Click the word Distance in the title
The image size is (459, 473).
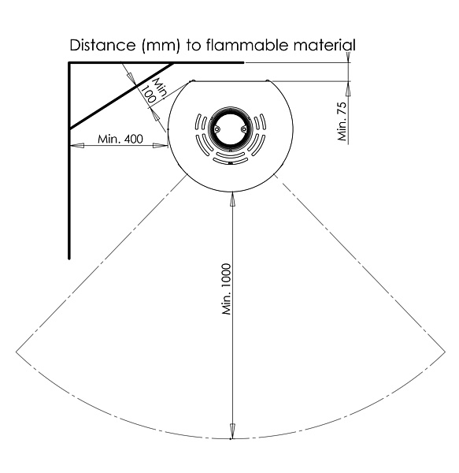[102, 45]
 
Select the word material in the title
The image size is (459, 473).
[324, 45]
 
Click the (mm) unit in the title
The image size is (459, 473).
[161, 46]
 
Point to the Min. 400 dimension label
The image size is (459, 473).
[120, 139]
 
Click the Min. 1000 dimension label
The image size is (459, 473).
[227, 289]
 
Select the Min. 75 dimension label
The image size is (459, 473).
[342, 121]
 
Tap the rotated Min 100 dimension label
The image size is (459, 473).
[154, 91]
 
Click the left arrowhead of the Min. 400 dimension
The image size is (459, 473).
[76, 145]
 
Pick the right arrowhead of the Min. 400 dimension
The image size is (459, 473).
[161, 145]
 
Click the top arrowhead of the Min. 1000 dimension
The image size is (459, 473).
[232, 199]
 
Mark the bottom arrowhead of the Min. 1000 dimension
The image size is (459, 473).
[232, 430]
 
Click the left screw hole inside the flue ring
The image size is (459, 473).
[217, 129]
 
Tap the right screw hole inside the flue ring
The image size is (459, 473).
[243, 129]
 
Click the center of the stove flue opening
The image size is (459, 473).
[231, 129]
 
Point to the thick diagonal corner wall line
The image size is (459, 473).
[122, 96]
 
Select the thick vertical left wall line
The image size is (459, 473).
[69, 161]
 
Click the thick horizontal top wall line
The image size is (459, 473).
[156, 63]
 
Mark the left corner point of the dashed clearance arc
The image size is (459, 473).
[16, 352]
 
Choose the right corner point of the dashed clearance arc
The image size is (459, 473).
[445, 352]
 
